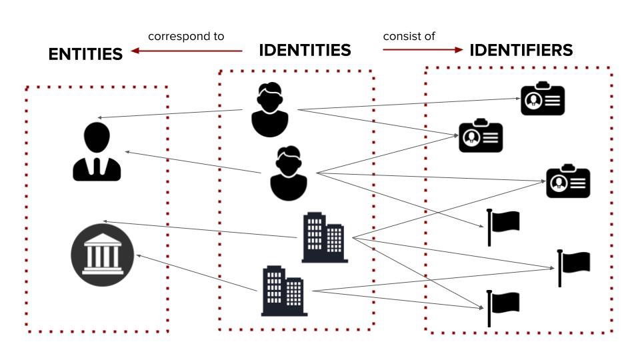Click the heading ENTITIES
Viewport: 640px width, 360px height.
(x=85, y=54)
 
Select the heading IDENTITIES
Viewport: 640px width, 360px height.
(x=305, y=50)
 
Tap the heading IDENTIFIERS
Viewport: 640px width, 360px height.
(x=521, y=50)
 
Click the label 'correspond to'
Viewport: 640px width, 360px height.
(x=186, y=36)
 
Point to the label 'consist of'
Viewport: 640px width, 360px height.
(x=409, y=36)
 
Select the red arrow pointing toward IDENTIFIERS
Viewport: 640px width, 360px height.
(x=423, y=50)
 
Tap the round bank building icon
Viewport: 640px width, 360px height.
(x=103, y=255)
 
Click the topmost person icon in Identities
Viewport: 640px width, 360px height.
(x=270, y=110)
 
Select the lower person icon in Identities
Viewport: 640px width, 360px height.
(x=289, y=173)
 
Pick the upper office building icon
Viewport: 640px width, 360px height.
(x=325, y=237)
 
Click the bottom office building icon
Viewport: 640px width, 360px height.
(x=284, y=291)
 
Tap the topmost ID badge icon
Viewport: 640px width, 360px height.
(x=543, y=99)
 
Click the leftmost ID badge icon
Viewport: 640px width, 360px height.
(x=481, y=136)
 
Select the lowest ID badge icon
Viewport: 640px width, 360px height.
(x=568, y=181)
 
